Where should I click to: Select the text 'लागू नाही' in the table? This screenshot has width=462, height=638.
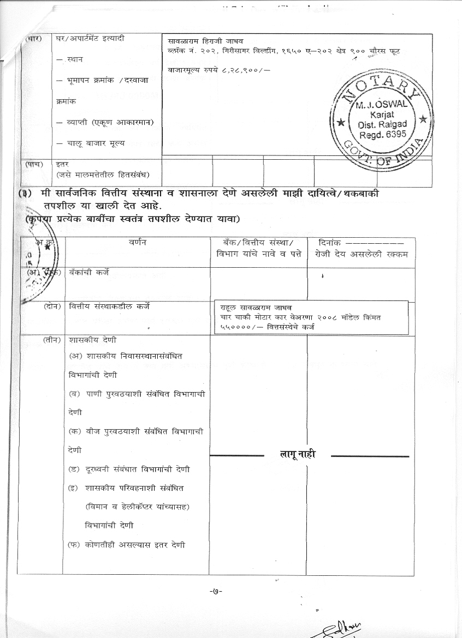coord(298,455)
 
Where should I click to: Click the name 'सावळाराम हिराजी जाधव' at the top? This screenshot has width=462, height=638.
coord(206,41)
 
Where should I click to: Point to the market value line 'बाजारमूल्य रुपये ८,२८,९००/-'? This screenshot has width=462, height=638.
coord(220,69)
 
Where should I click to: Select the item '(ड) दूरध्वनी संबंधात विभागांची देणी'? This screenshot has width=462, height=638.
coord(129,469)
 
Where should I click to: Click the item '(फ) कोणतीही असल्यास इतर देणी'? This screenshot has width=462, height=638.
coord(126,544)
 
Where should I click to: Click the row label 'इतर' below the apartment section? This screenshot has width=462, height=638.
coord(62,164)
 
